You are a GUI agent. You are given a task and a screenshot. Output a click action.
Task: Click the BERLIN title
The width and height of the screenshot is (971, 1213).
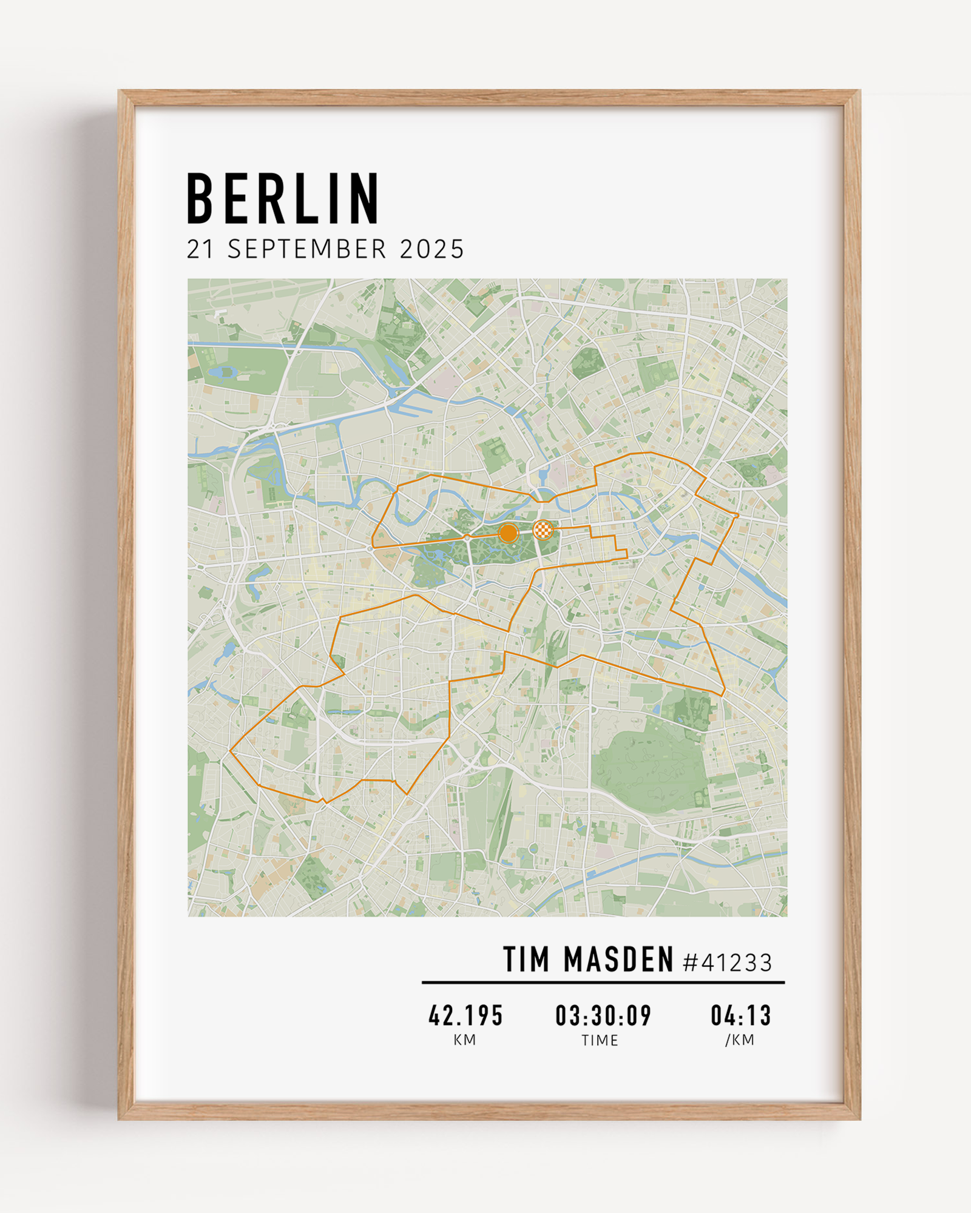point(283,198)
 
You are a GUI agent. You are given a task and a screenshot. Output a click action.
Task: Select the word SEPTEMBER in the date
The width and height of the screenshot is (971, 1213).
point(307,249)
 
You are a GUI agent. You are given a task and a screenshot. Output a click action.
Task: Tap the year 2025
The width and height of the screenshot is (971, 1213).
point(432,249)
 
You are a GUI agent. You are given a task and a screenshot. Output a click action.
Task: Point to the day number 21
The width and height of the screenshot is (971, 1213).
point(200,249)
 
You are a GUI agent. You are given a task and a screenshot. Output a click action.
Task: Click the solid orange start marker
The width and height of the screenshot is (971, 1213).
point(508,533)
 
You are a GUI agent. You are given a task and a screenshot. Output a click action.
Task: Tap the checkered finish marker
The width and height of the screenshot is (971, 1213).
point(543,530)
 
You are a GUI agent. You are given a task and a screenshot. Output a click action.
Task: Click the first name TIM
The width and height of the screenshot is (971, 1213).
point(526,961)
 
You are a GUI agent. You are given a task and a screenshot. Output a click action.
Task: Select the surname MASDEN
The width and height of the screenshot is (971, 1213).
point(618,961)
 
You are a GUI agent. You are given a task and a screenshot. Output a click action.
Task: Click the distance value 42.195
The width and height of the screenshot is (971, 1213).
point(465,1016)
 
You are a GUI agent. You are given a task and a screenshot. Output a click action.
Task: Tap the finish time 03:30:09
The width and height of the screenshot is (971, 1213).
point(603,1016)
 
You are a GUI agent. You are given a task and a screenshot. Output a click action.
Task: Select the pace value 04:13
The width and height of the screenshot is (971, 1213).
point(740,1016)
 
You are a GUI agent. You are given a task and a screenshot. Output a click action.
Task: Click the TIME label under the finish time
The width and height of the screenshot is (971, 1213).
point(600,1041)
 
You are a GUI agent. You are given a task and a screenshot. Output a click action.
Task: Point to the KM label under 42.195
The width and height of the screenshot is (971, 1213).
point(465,1040)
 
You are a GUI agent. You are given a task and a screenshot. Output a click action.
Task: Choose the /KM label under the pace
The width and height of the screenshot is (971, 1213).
point(740,1040)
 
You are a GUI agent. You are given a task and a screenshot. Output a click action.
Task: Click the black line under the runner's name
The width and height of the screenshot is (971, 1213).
point(603,983)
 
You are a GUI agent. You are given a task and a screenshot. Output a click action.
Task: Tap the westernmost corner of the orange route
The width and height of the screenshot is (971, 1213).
point(231,751)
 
